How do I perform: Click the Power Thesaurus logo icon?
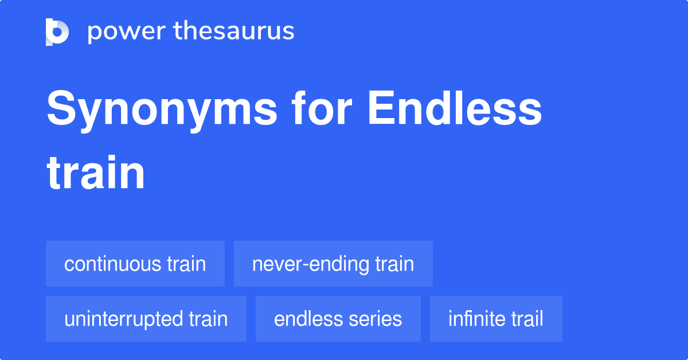pos(57,32)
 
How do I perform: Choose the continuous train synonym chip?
pos(135,264)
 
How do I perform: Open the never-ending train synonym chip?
pos(333,264)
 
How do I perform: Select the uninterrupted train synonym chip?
pos(146,319)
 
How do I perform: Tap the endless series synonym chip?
pos(338,319)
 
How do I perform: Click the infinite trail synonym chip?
pos(496,319)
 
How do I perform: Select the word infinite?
pos(473,319)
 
